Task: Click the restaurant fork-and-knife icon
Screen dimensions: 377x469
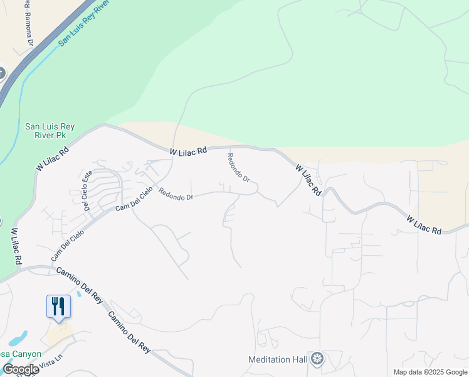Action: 58,307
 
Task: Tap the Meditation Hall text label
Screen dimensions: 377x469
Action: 278,359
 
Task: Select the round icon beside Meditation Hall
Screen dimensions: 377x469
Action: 318,359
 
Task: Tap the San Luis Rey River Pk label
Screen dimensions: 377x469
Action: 50,131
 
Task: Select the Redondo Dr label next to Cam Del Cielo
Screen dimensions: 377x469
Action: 176,195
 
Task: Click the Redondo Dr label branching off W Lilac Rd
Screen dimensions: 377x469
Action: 238,168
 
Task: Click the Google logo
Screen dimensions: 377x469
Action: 21,369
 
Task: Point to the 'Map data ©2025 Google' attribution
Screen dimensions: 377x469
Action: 430,372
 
